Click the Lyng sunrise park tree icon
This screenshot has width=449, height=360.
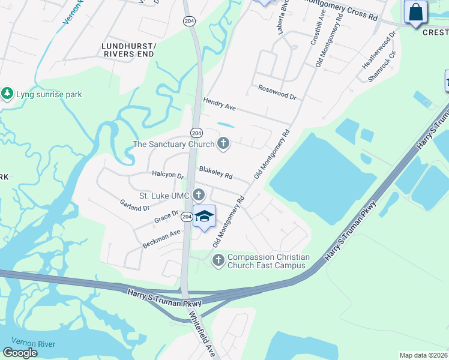click(x=7, y=94)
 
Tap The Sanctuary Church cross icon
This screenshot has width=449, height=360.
click(x=223, y=143)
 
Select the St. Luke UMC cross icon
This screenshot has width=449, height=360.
click(x=198, y=195)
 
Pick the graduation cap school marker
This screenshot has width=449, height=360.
click(x=205, y=217)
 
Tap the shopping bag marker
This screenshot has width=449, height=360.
click(x=415, y=13)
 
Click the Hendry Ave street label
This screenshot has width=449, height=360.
click(x=219, y=105)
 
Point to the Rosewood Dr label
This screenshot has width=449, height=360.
click(x=277, y=94)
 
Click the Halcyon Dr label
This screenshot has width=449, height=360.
click(x=168, y=175)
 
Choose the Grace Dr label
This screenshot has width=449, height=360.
click(x=166, y=217)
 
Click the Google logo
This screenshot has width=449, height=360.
click(x=20, y=352)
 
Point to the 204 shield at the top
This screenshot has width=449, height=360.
click(x=188, y=20)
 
